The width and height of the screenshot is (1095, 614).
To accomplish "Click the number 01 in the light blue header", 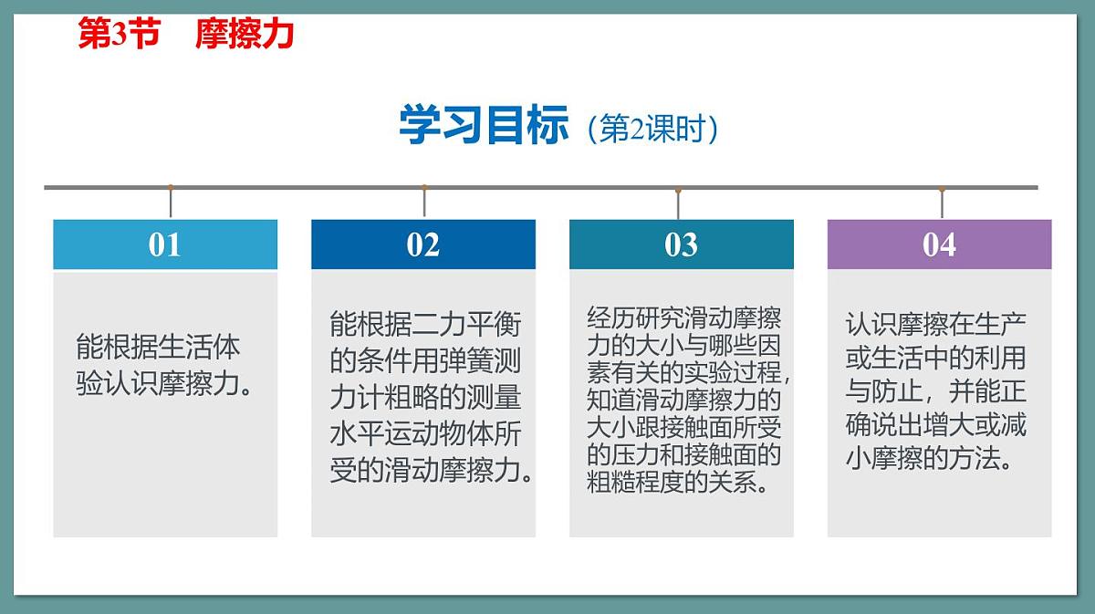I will point(165,245).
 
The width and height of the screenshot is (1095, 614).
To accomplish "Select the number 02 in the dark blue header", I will point(423,245).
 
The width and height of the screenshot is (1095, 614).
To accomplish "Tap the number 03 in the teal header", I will point(682,245).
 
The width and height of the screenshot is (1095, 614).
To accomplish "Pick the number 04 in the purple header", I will point(939,245).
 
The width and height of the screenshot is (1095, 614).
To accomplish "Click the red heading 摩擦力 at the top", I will point(245,35).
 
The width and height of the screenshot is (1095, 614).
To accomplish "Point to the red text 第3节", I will point(119,35).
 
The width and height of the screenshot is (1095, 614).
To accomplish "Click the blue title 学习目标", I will point(484,126).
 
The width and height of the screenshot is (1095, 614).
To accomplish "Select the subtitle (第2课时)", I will point(652,129).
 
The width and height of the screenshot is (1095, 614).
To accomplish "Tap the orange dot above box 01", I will point(171,188).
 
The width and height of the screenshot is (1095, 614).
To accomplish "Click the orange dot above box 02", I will point(423,188).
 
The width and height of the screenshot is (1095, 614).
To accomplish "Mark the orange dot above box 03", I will point(678,191).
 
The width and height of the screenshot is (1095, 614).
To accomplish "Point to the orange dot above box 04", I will point(942,190).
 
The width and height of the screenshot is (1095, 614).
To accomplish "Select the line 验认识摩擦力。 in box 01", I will point(164,384).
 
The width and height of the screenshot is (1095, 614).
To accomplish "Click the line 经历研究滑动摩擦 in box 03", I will point(684,319).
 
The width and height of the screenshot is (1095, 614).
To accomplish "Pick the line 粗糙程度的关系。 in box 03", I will point(678,481).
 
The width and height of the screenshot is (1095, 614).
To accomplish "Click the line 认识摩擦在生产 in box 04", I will point(936,323).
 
